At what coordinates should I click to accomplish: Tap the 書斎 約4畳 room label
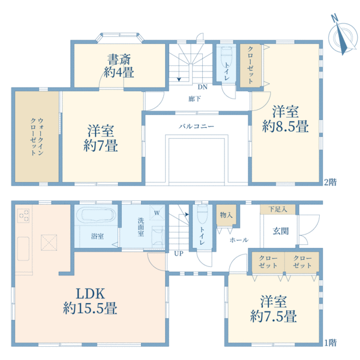click(x=119, y=66)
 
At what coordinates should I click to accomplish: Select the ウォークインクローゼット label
click(x=37, y=137)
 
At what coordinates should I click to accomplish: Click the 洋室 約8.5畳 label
click(x=286, y=119)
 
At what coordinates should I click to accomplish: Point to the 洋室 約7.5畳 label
click(x=274, y=309)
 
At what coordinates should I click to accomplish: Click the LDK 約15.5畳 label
click(x=90, y=301)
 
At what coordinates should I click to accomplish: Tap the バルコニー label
click(x=197, y=126)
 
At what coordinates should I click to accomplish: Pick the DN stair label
click(x=203, y=87)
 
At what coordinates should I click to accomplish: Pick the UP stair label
click(x=179, y=253)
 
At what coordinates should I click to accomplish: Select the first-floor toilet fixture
click(x=202, y=214)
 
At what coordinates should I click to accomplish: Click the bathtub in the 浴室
click(x=98, y=215)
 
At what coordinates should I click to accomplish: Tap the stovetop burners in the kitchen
click(x=23, y=216)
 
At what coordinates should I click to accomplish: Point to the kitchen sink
click(x=23, y=249)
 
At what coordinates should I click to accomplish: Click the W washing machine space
click(x=157, y=213)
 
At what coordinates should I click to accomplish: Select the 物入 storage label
click(x=226, y=215)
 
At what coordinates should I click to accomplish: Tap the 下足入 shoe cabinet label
click(x=278, y=209)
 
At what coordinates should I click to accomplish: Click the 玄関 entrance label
click(x=281, y=231)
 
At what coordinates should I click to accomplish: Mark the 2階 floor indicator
click(x=330, y=182)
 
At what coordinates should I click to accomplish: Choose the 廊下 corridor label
click(x=194, y=99)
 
